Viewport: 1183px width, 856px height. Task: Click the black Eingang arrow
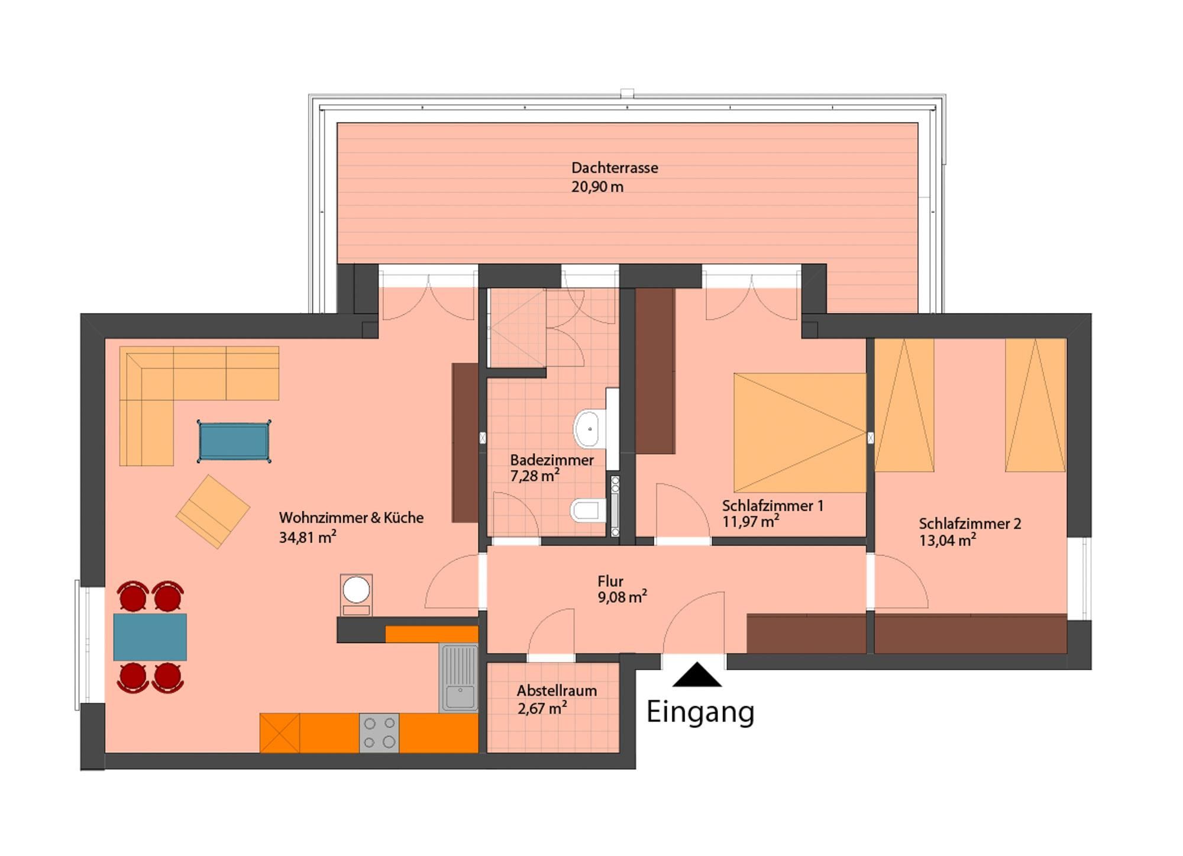697,675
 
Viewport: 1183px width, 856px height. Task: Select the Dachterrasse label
615,168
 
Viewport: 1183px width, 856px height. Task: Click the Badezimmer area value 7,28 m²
535,476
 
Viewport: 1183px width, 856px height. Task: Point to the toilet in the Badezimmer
588,510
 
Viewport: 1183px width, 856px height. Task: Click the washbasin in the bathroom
587,427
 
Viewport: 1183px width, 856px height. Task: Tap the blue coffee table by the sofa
234,441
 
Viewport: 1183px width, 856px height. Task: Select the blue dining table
150,637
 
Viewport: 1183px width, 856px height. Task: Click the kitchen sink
459,678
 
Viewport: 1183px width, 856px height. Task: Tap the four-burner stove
379,733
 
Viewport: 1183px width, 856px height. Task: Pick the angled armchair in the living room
213,511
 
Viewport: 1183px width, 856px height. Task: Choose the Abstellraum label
557,690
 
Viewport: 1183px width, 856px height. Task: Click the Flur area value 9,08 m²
622,596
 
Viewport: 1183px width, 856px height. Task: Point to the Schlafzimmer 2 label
970,524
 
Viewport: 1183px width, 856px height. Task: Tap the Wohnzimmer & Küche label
351,518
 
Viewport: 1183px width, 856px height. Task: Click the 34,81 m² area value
308,537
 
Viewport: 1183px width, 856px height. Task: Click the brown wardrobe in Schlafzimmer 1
655,371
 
